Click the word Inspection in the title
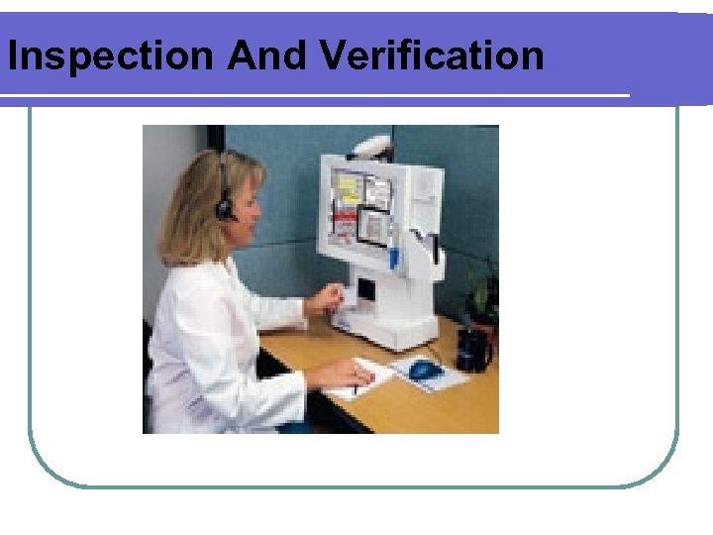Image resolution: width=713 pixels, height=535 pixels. point(110,55)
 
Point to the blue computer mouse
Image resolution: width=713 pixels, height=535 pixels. point(425,369)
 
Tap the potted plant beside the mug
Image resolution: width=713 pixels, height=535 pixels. point(482,297)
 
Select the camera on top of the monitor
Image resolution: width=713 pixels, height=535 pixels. point(371,146)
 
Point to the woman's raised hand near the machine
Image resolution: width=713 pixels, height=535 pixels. point(328,298)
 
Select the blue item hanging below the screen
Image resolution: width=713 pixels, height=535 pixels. point(393,257)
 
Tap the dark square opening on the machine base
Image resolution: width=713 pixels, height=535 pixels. point(365,290)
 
